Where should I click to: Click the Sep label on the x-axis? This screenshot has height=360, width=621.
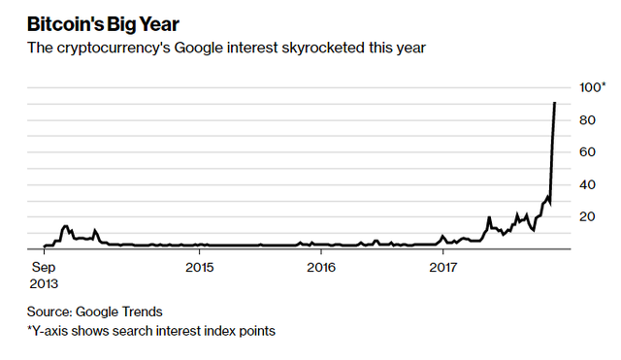(x=44, y=266)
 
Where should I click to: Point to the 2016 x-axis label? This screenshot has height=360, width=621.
(x=320, y=266)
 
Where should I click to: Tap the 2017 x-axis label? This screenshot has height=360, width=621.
(x=442, y=266)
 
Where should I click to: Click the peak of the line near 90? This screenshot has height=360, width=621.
(x=554, y=103)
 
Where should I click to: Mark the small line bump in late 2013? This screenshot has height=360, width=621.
(x=66, y=226)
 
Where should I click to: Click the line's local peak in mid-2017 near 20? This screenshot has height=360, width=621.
(x=489, y=217)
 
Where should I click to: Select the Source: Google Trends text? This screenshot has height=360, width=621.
(x=94, y=311)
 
